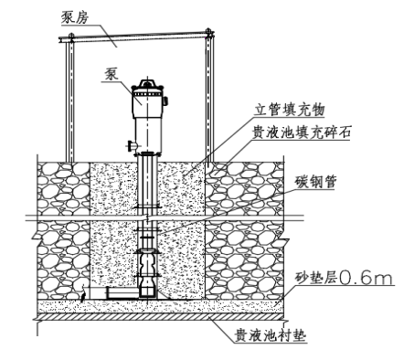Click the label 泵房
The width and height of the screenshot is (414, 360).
pos(75,17)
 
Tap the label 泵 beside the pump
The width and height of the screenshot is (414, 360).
pos(111,74)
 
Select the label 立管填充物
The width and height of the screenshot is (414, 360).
pos(290,110)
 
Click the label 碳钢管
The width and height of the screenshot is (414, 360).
pos(315,182)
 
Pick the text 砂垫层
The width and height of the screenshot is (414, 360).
pos(316,278)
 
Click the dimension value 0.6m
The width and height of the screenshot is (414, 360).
pos(366,278)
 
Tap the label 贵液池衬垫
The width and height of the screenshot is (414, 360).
pos(270,336)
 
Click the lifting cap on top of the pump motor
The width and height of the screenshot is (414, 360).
pos(147,84)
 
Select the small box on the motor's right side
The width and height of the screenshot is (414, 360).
pos(166,101)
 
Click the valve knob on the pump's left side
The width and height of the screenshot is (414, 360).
pos(130,145)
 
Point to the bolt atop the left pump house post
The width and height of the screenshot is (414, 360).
pos(71,35)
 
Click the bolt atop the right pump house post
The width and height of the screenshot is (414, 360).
pos(208,31)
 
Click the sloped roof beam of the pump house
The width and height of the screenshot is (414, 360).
pos(136,37)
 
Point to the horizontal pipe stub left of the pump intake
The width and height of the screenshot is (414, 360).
pos(122,293)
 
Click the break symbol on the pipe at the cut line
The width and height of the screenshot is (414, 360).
pos(147,217)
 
